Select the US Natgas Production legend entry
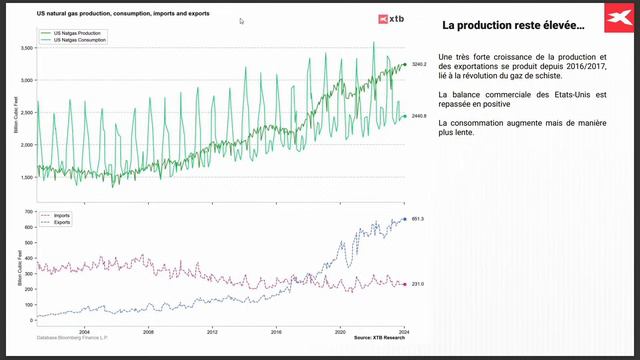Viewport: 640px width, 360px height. click(82, 33)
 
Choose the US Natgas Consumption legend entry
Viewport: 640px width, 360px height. click(84, 39)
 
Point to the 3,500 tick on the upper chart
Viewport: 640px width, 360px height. click(27, 47)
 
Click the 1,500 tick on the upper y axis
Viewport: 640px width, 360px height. click(27, 177)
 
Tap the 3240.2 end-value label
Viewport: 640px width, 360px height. click(419, 64)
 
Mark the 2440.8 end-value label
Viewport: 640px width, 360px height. click(419, 116)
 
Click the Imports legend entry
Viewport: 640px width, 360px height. click(60, 215)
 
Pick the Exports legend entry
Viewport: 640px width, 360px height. click(60, 222)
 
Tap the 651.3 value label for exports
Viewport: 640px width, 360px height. click(418, 219)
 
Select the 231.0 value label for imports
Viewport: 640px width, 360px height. click(418, 284)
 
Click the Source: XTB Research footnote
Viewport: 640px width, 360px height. click(380, 339)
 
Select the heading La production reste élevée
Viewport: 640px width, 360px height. click(500, 24)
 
